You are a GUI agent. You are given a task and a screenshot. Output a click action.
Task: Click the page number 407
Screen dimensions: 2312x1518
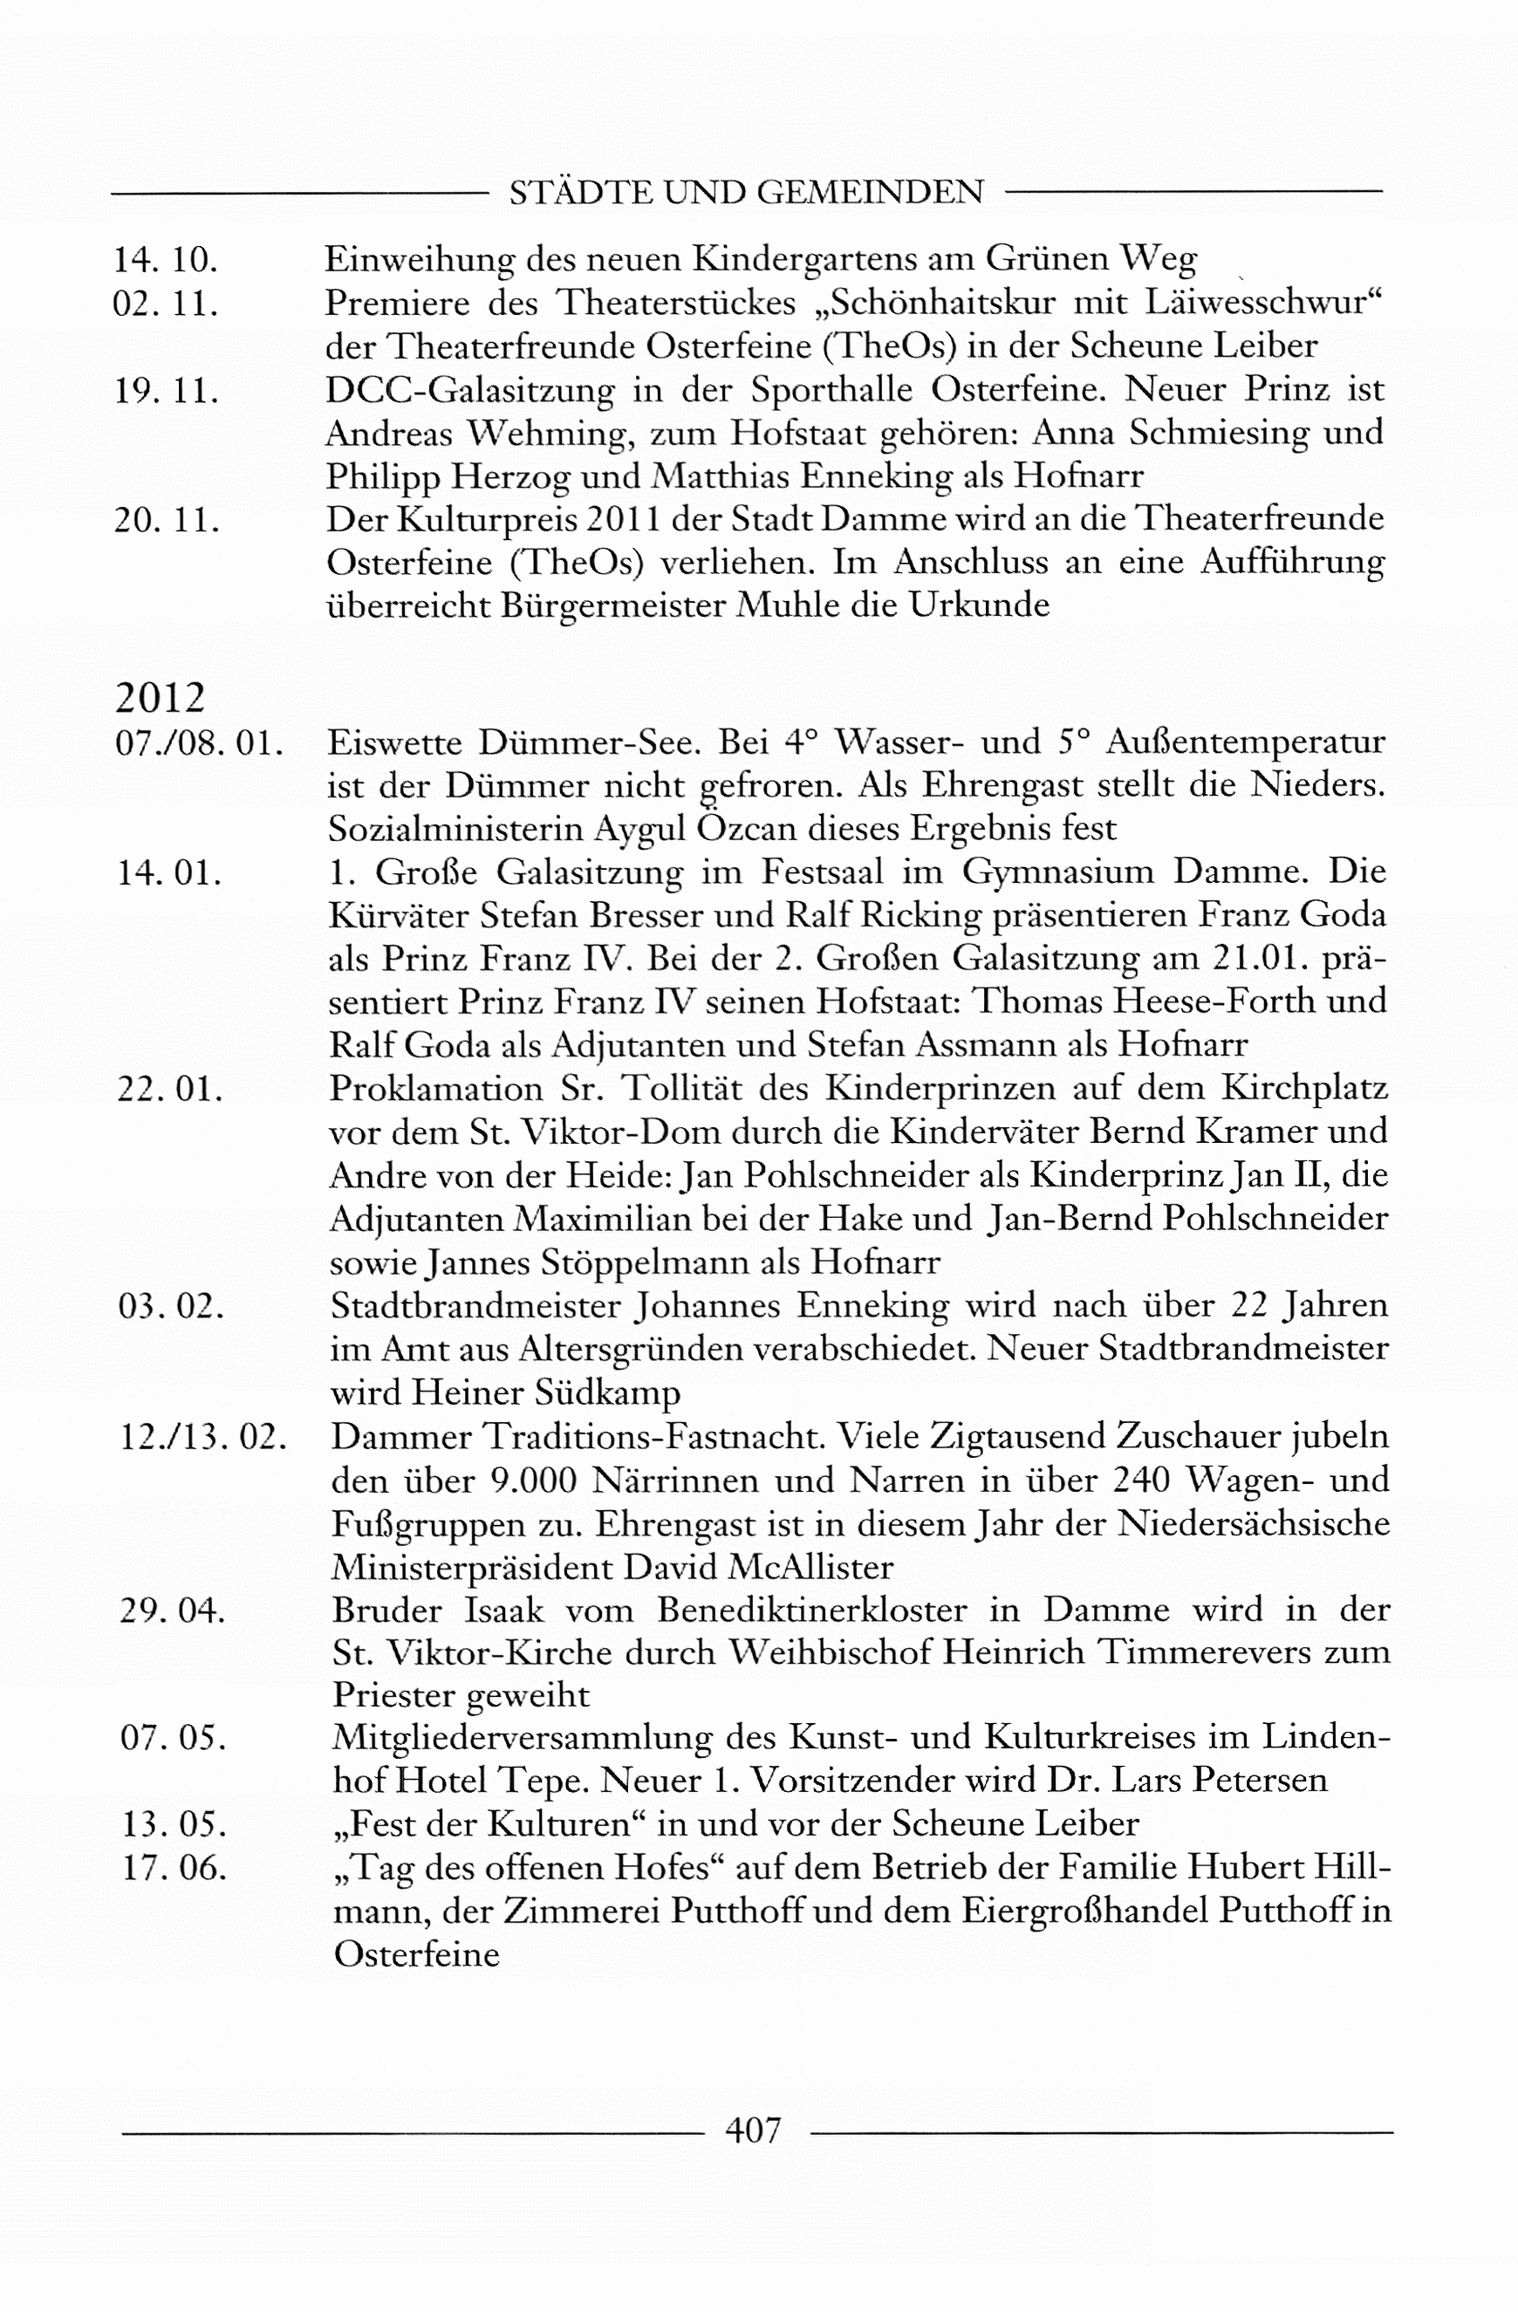click(753, 2131)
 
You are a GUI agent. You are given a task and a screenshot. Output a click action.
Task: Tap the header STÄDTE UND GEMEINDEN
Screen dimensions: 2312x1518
click(746, 192)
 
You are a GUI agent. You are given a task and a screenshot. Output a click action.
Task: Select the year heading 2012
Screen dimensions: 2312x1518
click(161, 697)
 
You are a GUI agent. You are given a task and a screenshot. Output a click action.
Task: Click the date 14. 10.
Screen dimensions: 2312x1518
click(165, 259)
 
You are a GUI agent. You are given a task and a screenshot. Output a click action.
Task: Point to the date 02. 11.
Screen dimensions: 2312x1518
click(165, 303)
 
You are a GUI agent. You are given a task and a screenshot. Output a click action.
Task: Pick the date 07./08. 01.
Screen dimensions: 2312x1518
click(199, 743)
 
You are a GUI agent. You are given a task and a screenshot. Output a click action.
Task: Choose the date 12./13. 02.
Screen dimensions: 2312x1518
click(202, 1437)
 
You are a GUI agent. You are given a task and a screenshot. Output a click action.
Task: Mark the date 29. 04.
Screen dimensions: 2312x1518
click(172, 1611)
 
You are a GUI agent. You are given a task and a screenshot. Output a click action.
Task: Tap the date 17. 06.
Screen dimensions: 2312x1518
click(174, 1868)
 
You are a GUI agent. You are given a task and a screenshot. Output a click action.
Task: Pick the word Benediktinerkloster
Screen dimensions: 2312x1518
click(812, 1611)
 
